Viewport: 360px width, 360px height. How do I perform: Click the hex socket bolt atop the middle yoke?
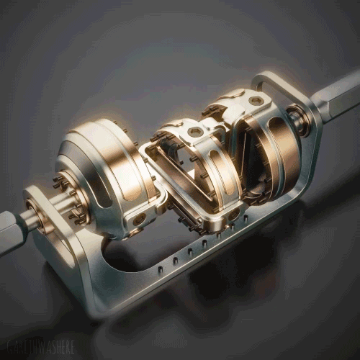pos(195,132)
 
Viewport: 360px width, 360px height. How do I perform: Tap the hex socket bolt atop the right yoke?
pos(256,101)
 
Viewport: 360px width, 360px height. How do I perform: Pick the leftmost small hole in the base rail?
pos(159,269)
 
